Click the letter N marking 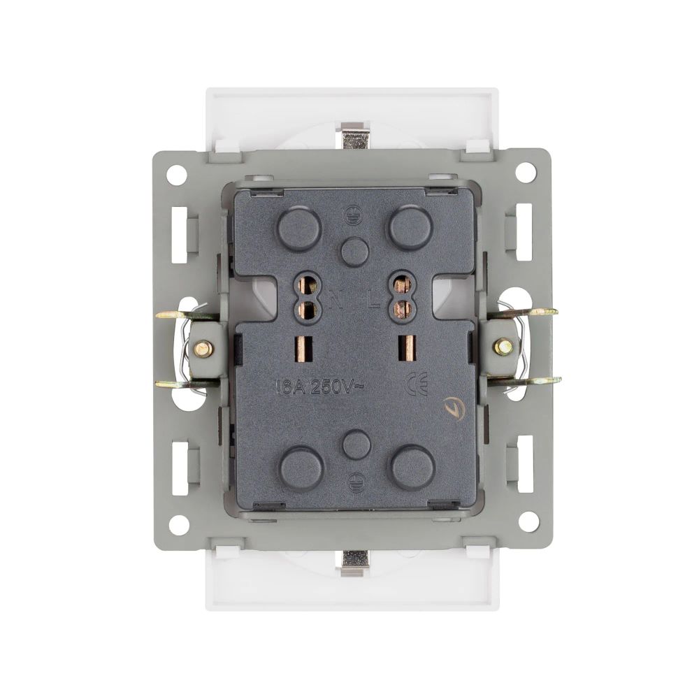pos(335,303)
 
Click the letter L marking pos(374,303)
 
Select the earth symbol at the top pos(354,218)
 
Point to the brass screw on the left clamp pos(203,347)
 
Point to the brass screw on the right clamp pos(502,346)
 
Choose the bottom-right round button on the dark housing pos(410,468)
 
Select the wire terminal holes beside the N pos(305,296)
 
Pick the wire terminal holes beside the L pos(401,296)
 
